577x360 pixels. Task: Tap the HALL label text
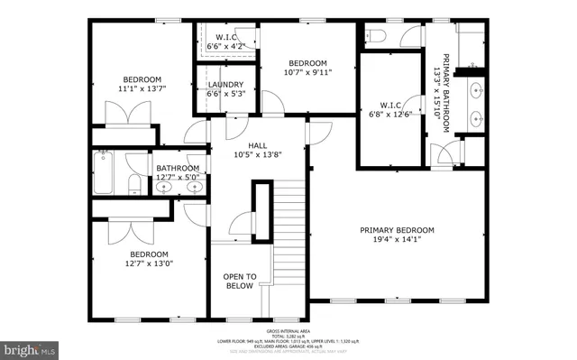coord(259,144)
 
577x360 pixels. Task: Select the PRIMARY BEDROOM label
coord(398,230)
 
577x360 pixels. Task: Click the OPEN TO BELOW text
coord(241,282)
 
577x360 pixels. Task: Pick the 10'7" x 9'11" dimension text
coord(307,73)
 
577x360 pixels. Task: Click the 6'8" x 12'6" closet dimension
coord(390,112)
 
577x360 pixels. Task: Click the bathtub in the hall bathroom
coord(101,174)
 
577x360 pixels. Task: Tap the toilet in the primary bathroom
coord(378,36)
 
